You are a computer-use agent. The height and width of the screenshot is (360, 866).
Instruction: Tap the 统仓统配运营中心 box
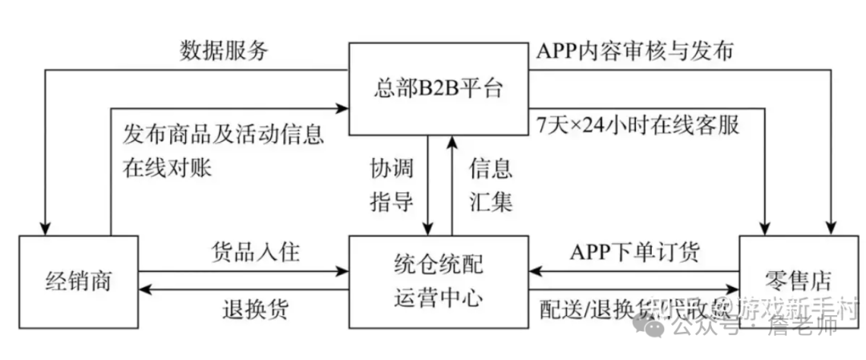click(x=438, y=281)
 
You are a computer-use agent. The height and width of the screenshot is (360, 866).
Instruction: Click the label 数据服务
click(x=224, y=51)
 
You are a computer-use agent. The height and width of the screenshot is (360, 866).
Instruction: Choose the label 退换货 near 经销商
click(x=255, y=309)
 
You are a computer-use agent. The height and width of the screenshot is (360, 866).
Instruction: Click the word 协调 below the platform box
click(x=391, y=168)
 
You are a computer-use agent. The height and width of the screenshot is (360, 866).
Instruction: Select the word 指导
click(x=391, y=200)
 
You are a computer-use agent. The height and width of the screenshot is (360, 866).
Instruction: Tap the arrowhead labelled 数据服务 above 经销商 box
click(x=47, y=229)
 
